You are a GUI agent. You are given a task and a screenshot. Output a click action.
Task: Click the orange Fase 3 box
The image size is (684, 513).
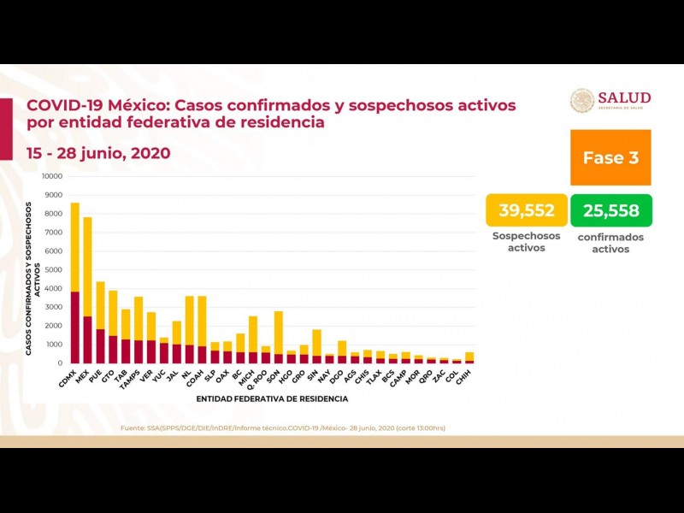(x=610, y=157)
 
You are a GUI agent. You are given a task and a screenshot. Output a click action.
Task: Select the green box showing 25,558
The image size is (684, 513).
(x=610, y=210)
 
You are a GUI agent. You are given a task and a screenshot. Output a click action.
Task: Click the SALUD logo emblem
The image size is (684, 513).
(x=582, y=100)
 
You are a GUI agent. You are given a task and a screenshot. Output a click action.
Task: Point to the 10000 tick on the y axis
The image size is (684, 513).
(x=52, y=176)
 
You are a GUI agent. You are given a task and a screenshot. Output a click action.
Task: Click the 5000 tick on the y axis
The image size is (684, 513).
(x=54, y=269)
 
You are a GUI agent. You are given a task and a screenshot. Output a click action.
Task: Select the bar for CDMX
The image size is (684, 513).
(x=74, y=282)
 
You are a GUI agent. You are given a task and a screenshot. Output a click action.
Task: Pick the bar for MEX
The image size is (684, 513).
(x=87, y=291)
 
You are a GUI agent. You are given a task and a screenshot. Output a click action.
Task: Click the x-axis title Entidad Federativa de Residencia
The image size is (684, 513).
(x=272, y=398)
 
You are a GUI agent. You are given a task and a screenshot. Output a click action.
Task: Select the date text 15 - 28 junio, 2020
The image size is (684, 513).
(x=98, y=153)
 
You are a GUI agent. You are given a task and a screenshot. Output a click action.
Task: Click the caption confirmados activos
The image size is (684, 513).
(x=610, y=243)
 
